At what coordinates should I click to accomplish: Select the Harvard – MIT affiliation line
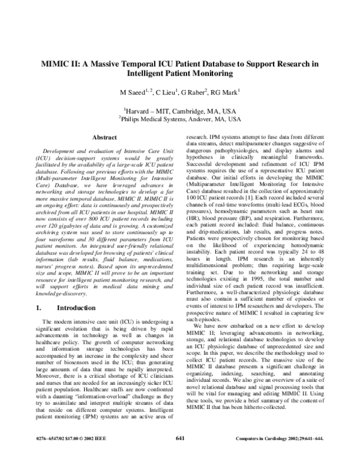click(180, 110)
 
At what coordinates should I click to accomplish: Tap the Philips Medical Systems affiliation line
click(180, 119)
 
